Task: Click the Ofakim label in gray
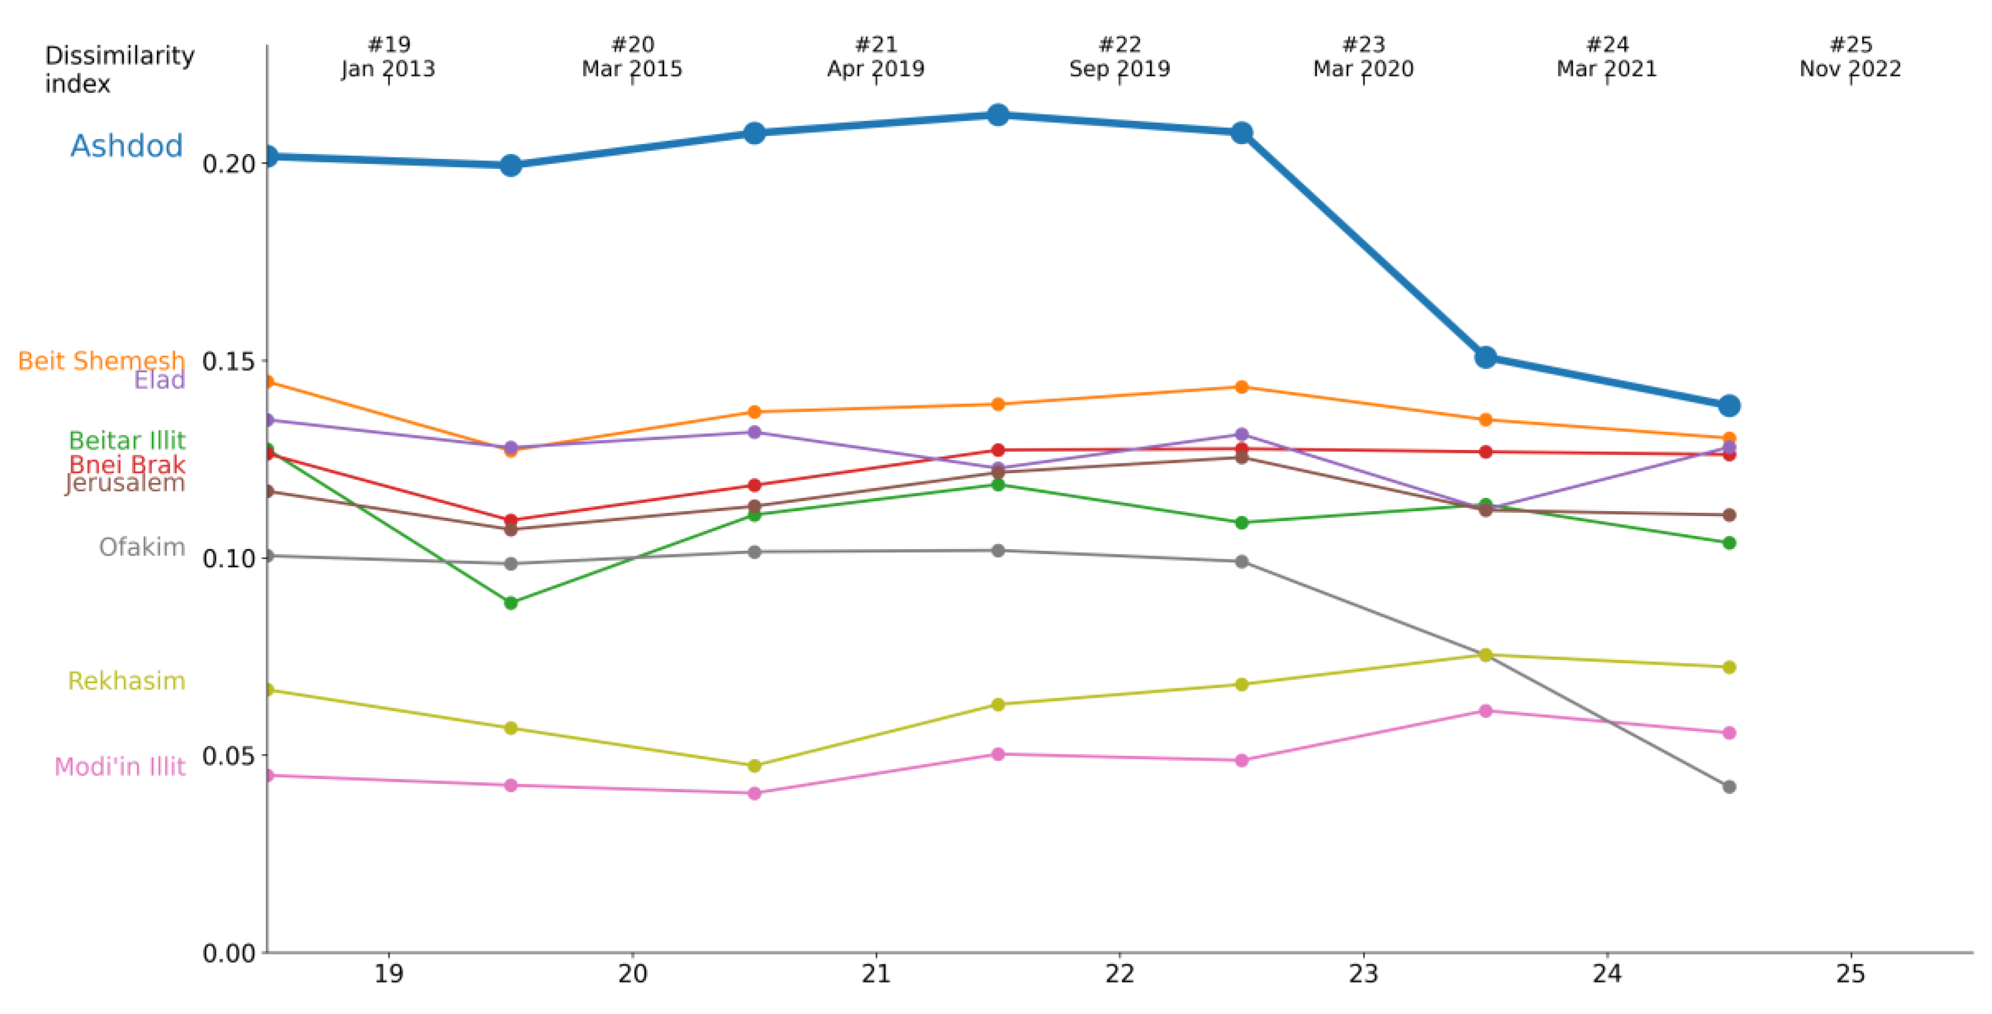(143, 547)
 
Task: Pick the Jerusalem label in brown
(125, 484)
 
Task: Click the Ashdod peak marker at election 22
(998, 115)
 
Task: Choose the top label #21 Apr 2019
(876, 57)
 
